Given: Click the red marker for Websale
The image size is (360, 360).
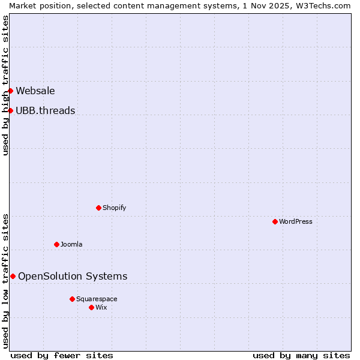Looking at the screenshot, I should click(x=10, y=91).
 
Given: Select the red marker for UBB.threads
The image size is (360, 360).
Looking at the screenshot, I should click(x=10, y=110).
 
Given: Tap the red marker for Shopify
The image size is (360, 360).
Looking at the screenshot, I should click(x=98, y=208).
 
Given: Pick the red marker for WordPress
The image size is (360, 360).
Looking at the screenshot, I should click(x=275, y=221).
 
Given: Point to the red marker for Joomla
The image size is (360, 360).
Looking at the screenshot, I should click(x=56, y=244).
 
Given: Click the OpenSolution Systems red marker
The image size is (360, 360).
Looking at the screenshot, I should click(x=13, y=276).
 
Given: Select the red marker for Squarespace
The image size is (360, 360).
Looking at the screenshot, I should click(x=72, y=299).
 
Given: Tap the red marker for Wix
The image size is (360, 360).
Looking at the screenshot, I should click(x=91, y=307).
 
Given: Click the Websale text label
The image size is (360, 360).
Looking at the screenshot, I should click(x=35, y=91).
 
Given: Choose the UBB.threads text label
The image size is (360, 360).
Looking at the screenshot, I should click(x=46, y=110).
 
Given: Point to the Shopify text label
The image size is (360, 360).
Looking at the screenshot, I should click(x=114, y=208).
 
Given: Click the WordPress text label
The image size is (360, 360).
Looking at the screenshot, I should click(x=296, y=221).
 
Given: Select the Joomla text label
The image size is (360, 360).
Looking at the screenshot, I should click(x=71, y=244).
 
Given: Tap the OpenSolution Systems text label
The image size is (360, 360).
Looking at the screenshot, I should click(x=73, y=276).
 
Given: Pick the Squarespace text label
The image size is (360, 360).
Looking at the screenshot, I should click(x=97, y=299).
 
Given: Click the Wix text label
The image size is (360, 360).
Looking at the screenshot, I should click(x=101, y=307).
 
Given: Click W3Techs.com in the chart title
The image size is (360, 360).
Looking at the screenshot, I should click(x=322, y=5).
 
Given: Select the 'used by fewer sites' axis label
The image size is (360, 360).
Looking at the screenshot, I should click(x=62, y=355).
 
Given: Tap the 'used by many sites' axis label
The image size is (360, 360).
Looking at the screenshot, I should click(x=301, y=355).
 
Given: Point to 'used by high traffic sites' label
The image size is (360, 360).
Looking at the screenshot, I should click(x=5, y=85).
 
